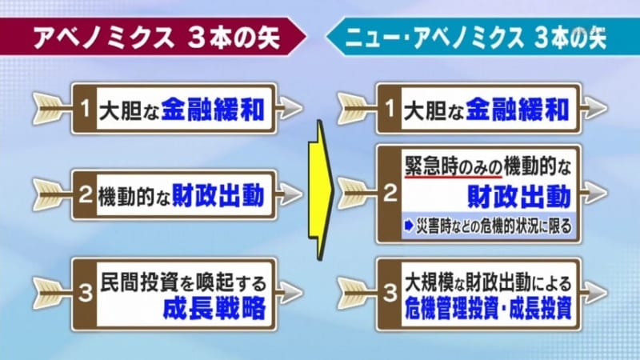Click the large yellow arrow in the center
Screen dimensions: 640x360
[321, 190]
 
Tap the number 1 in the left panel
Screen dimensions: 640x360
[85, 109]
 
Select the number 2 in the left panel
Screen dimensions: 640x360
[85, 195]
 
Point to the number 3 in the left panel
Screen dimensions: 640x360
[86, 294]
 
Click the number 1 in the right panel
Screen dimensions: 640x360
[390, 109]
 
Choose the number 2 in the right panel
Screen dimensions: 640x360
[390, 193]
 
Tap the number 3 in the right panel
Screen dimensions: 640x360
[390, 294]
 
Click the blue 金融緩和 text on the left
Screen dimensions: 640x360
[213, 110]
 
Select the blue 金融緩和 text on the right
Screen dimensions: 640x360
[517, 110]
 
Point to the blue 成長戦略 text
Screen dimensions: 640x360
[214, 308]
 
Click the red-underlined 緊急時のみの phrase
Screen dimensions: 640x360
[453, 166]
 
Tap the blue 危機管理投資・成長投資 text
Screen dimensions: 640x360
[488, 308]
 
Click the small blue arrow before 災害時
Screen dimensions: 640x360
[409, 226]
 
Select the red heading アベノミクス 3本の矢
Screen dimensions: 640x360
[157, 38]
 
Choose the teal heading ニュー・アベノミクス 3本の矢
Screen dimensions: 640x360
[476, 38]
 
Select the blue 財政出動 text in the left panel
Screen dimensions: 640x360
[218, 195]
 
